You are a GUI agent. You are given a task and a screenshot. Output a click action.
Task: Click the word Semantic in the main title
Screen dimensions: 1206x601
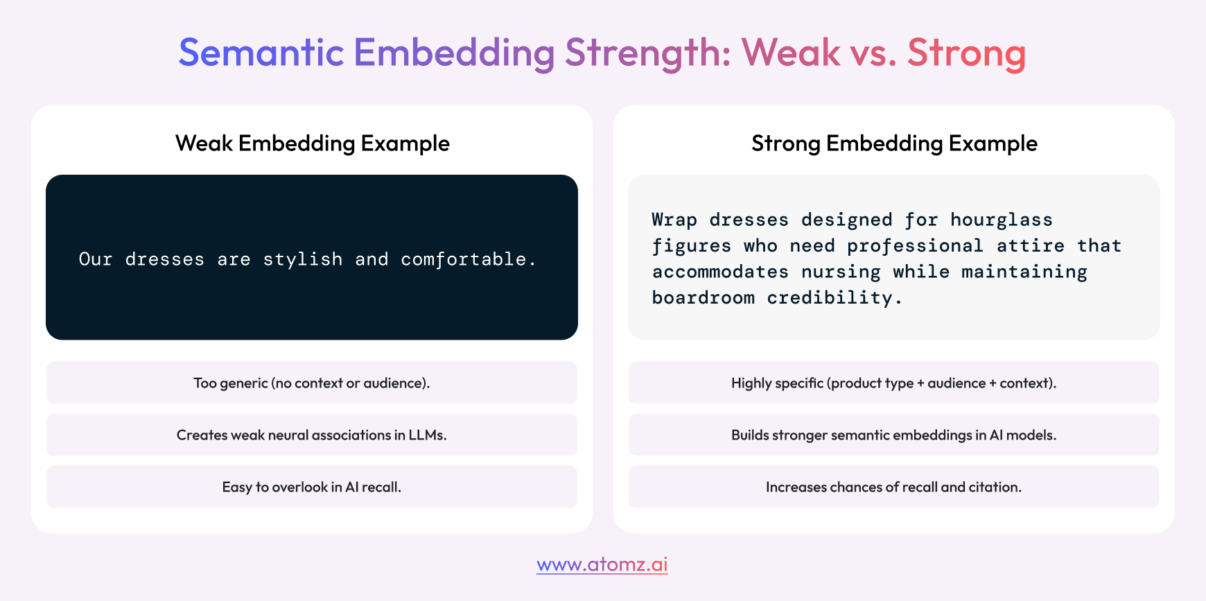point(261,53)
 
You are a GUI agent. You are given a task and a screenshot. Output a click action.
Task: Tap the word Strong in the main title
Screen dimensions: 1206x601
point(966,53)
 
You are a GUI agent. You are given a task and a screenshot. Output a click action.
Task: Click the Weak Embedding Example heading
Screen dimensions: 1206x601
point(313,143)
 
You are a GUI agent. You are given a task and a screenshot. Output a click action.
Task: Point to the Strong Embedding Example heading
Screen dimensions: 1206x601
point(894,143)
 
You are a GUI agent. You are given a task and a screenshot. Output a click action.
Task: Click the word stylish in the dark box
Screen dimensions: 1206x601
point(303,259)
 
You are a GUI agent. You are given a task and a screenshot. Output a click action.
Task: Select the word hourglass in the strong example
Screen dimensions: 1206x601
point(1002,220)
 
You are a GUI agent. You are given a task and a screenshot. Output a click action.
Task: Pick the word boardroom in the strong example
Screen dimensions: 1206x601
point(703,298)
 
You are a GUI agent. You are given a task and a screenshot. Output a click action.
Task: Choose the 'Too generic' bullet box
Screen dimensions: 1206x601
point(312,383)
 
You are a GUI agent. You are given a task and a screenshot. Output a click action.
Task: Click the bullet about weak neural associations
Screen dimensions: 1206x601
point(312,435)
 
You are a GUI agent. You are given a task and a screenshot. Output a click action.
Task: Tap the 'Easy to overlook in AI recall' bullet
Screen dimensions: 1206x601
point(312,487)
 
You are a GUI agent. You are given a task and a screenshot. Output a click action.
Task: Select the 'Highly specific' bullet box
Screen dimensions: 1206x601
point(894,383)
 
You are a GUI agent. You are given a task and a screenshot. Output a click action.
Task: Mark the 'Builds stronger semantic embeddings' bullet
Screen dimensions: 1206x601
point(894,435)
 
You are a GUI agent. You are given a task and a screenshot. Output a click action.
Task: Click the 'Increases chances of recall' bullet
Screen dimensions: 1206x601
point(894,487)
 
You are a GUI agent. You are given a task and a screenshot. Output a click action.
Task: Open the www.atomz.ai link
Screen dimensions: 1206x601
point(602,564)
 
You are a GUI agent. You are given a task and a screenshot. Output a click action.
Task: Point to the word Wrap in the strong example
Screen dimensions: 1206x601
point(674,220)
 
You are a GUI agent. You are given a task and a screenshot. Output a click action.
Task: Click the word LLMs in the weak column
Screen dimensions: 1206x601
point(428,435)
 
